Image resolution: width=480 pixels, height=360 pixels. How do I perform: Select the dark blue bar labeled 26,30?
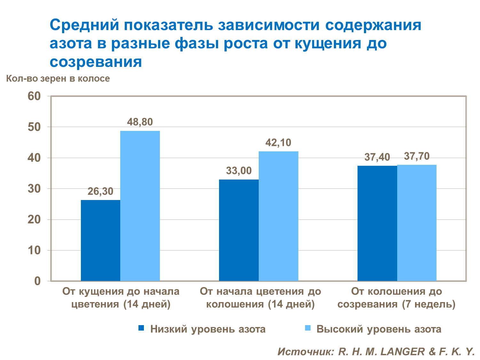[100, 240]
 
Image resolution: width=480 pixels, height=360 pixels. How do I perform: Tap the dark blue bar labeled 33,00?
[239, 230]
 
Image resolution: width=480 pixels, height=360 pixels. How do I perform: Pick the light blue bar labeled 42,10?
[278, 216]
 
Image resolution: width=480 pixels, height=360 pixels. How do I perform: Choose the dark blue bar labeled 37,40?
[377, 223]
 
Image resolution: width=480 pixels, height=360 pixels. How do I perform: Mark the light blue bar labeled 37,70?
[417, 223]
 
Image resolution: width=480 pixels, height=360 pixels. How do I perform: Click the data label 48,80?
[140, 122]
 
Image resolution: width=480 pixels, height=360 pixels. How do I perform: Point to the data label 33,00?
[239, 171]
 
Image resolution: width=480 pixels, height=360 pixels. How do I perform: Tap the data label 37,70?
[417, 156]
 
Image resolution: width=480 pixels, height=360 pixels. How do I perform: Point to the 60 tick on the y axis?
[34, 96]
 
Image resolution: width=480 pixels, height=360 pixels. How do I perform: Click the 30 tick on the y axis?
[34, 189]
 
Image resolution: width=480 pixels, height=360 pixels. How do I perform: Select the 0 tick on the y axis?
[37, 281]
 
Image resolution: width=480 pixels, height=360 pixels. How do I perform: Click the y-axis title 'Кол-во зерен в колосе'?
[58, 79]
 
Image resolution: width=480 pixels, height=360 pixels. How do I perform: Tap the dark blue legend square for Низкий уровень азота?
[141, 328]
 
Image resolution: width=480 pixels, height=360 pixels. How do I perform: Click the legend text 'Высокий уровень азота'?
[379, 329]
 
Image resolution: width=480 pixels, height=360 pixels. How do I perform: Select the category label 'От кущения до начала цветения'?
[121, 298]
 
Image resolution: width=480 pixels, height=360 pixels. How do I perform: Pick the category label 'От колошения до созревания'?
[397, 298]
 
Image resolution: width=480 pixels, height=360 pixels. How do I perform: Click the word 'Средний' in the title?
[84, 25]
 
